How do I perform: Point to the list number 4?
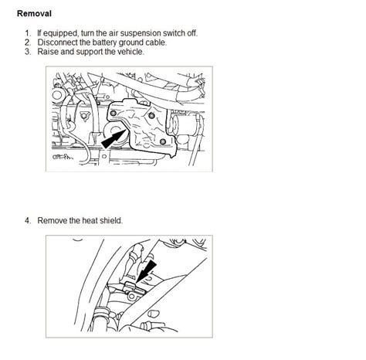[27, 220]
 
